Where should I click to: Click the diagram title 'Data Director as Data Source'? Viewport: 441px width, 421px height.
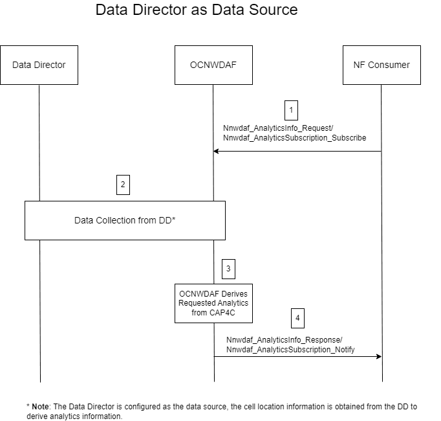click(197, 10)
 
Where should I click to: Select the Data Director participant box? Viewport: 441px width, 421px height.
click(39, 65)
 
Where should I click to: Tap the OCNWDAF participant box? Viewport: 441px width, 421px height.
click(213, 65)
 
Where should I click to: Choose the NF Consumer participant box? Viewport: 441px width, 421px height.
click(382, 65)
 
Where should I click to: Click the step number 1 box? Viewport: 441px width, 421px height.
click(291, 109)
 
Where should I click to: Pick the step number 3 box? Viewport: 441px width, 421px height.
click(228, 267)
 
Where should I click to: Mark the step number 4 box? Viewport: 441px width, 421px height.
click(297, 318)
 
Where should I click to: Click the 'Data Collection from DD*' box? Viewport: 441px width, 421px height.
click(125, 220)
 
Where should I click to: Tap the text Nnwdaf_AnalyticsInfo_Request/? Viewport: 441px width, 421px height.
click(278, 128)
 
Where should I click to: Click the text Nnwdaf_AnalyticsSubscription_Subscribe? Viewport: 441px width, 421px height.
click(294, 138)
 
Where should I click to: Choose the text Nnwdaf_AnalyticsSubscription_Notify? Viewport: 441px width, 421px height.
click(290, 350)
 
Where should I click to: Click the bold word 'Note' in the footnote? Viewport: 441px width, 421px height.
click(41, 407)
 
